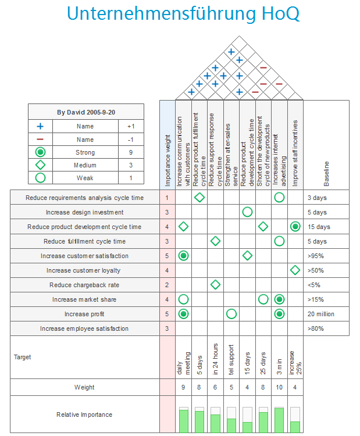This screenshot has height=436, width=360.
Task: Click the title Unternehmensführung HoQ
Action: click(x=183, y=14)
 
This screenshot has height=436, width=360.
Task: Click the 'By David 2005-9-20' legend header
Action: click(x=85, y=112)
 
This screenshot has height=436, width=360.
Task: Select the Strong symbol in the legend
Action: click(x=40, y=152)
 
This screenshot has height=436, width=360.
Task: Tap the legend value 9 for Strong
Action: click(x=131, y=152)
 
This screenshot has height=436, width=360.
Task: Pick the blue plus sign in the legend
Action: click(x=40, y=126)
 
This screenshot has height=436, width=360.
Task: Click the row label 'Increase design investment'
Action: click(x=85, y=212)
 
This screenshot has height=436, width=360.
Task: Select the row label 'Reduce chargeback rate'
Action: click(x=85, y=285)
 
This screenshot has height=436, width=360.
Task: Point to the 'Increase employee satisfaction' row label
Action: click(x=85, y=328)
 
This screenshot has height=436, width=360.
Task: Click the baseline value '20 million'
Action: click(x=321, y=314)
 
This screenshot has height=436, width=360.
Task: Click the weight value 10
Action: click(x=279, y=387)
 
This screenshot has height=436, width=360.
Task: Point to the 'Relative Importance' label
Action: click(x=85, y=414)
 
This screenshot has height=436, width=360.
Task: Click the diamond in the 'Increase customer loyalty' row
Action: click(x=295, y=270)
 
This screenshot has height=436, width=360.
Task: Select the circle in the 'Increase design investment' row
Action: click(x=247, y=212)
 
